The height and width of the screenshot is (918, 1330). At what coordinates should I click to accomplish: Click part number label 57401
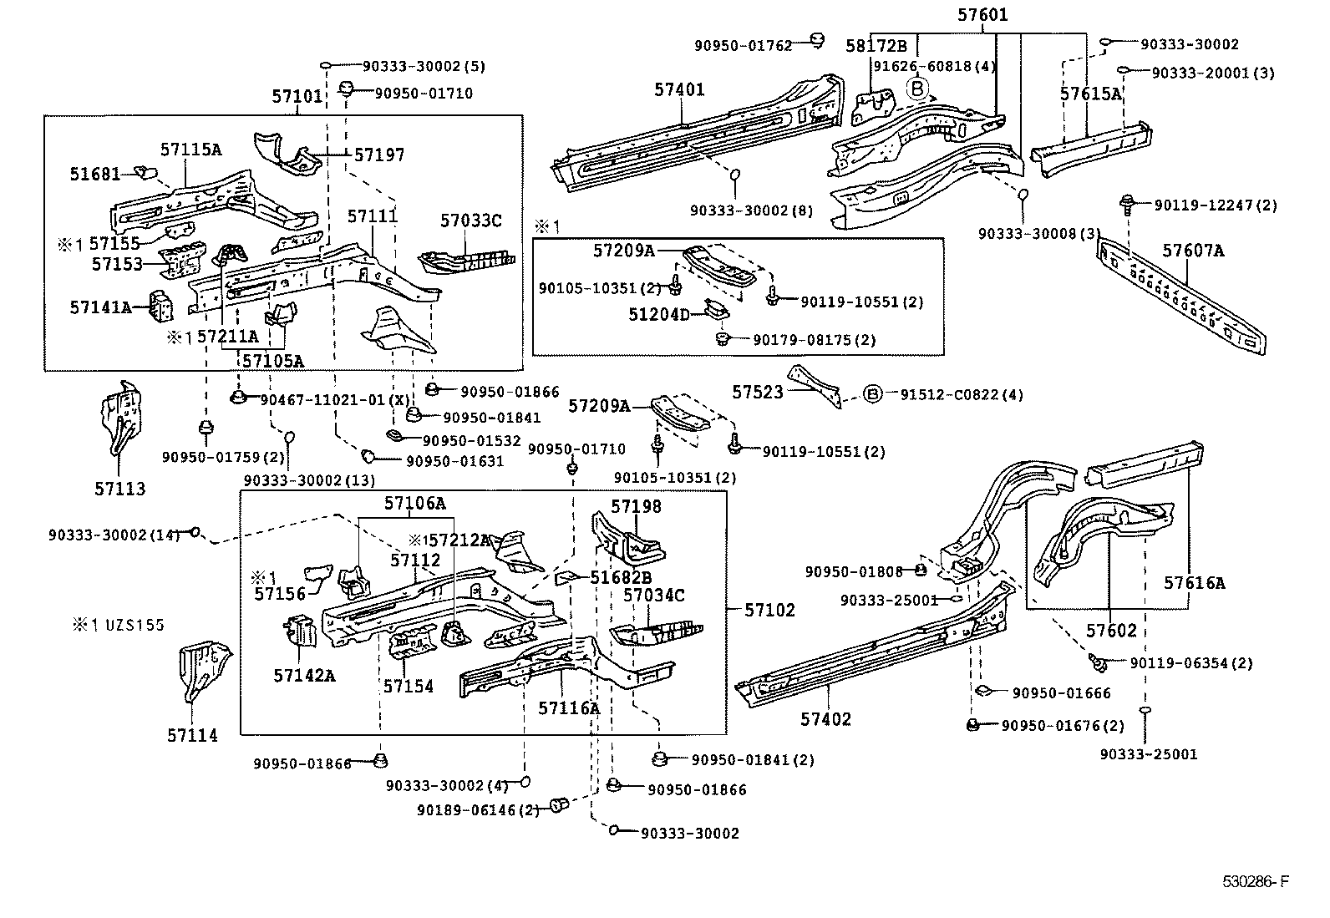click(x=679, y=89)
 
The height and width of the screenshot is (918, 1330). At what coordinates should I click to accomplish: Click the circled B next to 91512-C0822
click(x=871, y=394)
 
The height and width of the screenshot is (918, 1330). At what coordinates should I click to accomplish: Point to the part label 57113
click(x=119, y=489)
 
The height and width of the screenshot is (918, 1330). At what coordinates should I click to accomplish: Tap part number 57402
click(x=825, y=719)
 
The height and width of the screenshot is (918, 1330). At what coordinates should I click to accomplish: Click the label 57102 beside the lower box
click(x=769, y=610)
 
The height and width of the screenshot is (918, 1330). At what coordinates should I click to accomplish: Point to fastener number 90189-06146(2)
click(x=478, y=809)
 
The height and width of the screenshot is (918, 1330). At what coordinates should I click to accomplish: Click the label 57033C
click(x=471, y=221)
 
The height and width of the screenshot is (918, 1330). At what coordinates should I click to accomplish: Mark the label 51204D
click(x=659, y=314)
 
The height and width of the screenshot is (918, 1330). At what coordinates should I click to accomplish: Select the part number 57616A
click(x=1195, y=583)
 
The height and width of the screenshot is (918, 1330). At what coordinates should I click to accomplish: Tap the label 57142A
click(x=304, y=675)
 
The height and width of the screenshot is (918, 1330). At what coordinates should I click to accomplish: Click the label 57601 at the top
click(x=982, y=15)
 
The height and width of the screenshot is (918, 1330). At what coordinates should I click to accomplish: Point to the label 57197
click(x=379, y=155)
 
